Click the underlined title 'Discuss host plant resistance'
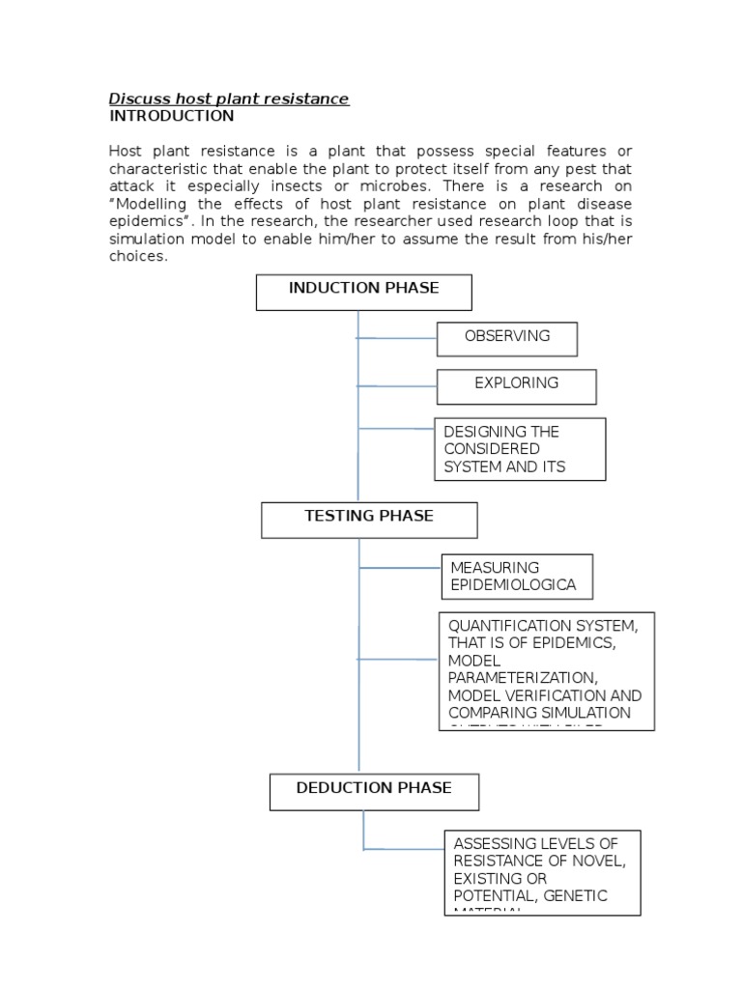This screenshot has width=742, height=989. [229, 99]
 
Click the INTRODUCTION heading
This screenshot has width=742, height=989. [171, 116]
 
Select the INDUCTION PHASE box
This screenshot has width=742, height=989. [363, 292]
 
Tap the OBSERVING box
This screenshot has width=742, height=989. [506, 339]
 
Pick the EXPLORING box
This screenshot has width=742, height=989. [516, 386]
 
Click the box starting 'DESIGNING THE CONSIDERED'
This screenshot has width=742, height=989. [520, 449]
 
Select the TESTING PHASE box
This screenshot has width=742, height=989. [369, 520]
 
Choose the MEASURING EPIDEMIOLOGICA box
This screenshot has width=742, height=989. [516, 577]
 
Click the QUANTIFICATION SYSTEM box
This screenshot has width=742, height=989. [546, 670]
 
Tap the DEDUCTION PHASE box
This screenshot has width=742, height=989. [373, 792]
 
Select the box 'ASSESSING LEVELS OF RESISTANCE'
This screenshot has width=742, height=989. [542, 871]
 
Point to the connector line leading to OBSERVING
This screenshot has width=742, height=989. [397, 339]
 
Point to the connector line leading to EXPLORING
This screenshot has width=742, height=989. [397, 386]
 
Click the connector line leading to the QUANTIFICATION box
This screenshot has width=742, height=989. [398, 660]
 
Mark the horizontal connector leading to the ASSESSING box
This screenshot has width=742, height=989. [404, 849]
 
